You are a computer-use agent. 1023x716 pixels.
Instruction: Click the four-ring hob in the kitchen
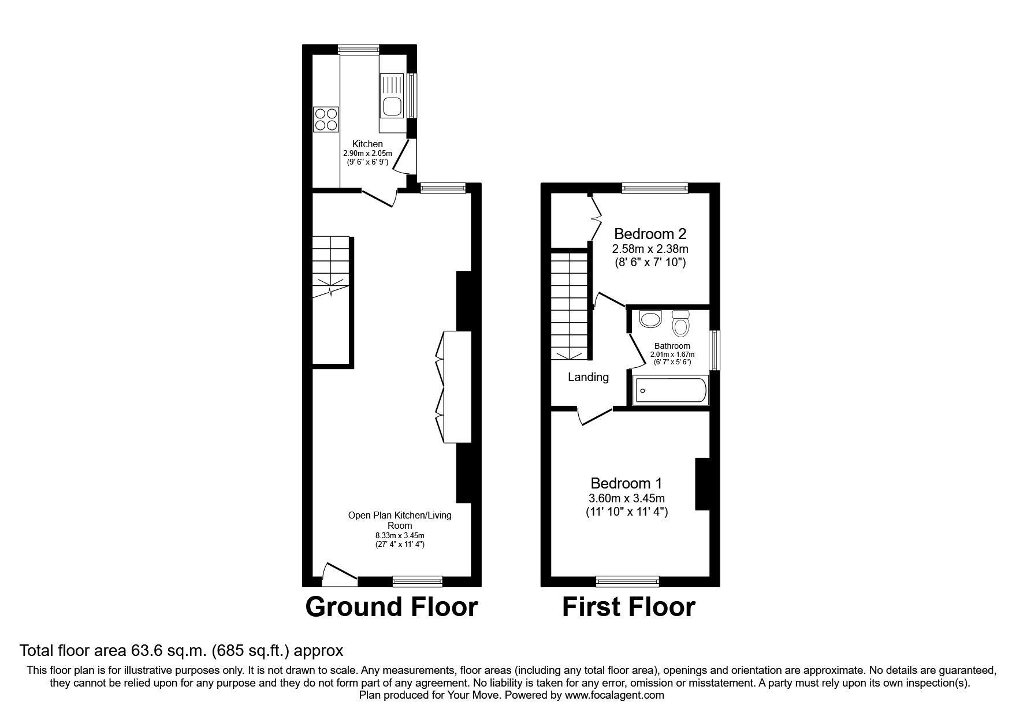coord(326,119)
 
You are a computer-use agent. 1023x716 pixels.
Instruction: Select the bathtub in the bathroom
coord(671,391)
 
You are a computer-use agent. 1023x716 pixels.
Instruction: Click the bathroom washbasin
coord(651,319)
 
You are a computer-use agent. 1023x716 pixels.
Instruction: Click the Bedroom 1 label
coord(626,483)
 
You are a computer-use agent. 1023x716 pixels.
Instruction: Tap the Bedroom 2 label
coord(650,234)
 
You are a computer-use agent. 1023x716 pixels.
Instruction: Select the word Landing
coord(588,377)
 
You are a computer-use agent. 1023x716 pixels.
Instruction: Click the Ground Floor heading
coord(391,607)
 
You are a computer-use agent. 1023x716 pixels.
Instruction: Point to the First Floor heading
coord(629,607)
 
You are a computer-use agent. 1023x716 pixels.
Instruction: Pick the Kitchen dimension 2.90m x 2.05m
coord(367,154)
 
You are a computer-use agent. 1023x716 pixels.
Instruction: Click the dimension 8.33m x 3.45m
coord(400,535)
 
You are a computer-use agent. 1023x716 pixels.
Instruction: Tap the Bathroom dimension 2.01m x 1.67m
coord(672,355)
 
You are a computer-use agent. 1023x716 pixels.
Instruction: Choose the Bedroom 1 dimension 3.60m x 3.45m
coord(626,498)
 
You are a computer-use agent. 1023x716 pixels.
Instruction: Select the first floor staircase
coord(570,306)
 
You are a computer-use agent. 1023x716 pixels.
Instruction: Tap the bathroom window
coord(715,350)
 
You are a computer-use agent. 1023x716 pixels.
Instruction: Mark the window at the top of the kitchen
coord(359,49)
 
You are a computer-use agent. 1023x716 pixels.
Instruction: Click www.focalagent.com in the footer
coord(615,695)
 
